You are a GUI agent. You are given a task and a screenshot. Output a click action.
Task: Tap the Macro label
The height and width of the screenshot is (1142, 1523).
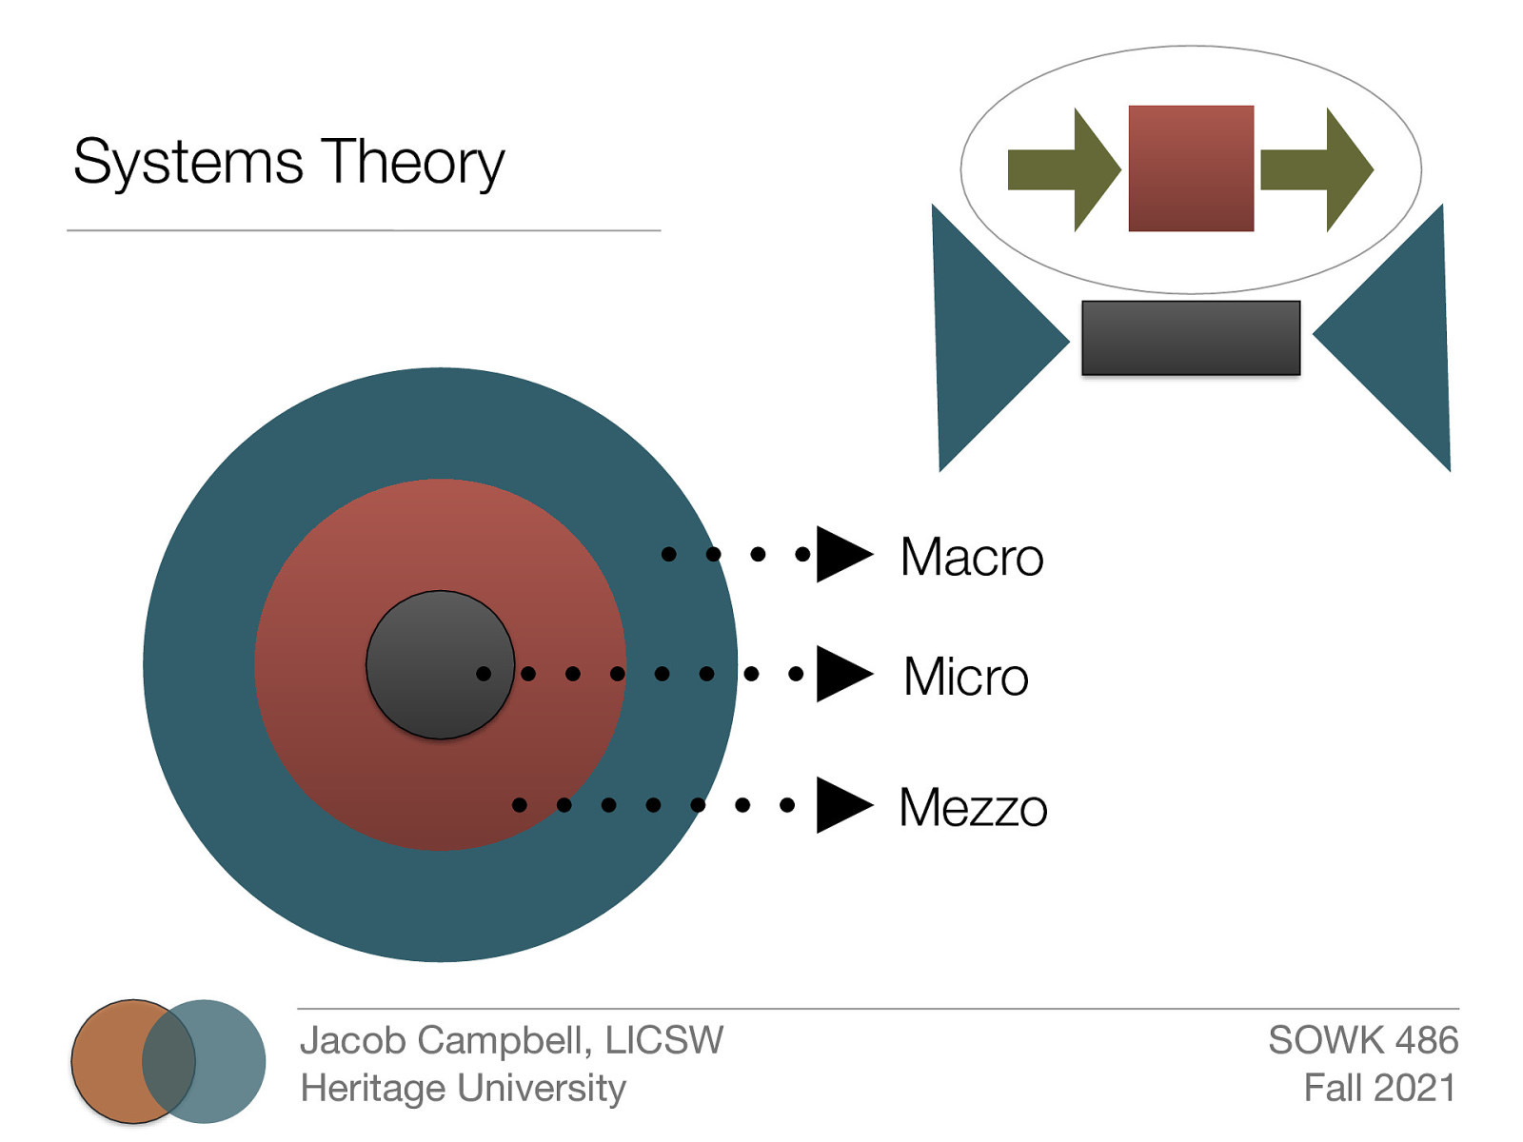971,557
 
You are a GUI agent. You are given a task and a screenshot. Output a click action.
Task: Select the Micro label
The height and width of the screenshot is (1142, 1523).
965,677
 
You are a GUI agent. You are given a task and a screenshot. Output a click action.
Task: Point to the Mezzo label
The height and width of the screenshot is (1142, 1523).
973,808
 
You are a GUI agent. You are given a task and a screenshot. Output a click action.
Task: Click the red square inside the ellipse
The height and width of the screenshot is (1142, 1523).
1190,168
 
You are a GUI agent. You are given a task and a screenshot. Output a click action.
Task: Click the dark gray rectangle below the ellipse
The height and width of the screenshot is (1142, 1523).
1190,338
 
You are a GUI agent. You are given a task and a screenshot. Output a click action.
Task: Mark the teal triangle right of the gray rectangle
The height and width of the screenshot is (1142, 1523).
1399,338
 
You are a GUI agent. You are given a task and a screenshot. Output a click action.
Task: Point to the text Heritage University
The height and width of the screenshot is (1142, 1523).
463,1088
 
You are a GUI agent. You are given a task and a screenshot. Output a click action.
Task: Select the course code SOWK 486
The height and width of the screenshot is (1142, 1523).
1362,1040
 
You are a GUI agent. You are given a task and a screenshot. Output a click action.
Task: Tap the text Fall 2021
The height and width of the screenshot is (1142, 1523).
1379,1088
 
